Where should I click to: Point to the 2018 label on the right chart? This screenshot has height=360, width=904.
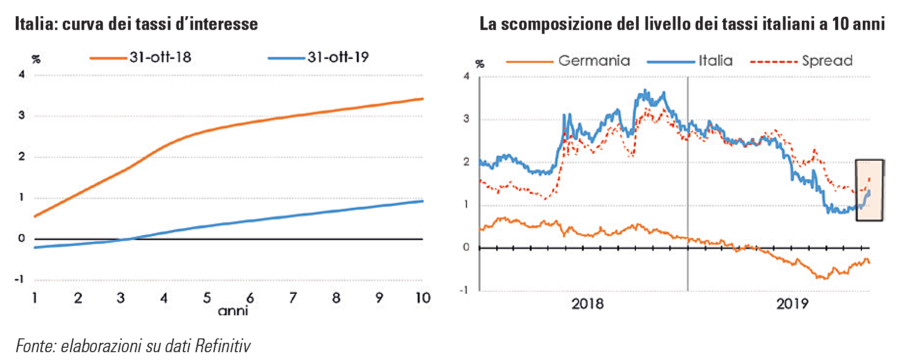click(588, 304)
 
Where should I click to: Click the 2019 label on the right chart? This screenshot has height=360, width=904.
click(792, 304)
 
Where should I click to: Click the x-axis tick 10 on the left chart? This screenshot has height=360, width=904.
click(423, 298)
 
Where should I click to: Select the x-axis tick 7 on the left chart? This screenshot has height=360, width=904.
click(293, 298)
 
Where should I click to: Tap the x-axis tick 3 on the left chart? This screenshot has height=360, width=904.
click(121, 298)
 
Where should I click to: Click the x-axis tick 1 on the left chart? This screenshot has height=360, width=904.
click(35, 298)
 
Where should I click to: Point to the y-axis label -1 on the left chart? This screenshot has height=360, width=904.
click(19, 279)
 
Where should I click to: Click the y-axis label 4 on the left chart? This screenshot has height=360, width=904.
click(22, 75)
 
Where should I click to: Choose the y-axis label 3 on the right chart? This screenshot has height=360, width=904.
click(466, 119)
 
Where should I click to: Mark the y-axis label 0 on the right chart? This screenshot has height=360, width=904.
click(466, 247)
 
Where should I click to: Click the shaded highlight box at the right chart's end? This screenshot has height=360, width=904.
click(869, 190)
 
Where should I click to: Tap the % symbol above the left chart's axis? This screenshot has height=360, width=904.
click(36, 59)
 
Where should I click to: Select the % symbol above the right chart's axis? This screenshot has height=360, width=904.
click(480, 64)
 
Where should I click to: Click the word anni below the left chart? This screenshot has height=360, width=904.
click(232, 313)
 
